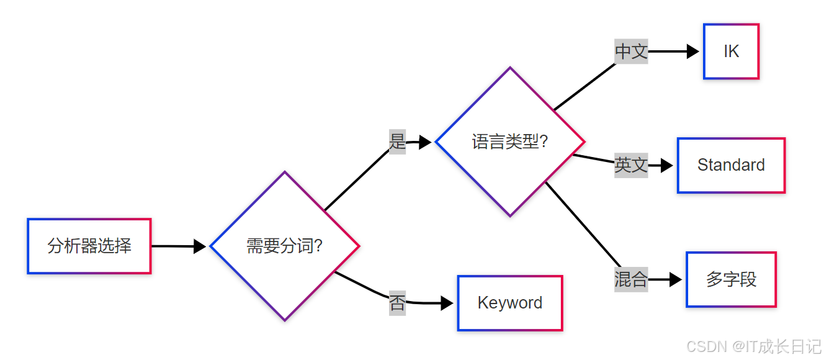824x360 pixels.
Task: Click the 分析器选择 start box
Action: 89,246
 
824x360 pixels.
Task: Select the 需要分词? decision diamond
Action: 285,246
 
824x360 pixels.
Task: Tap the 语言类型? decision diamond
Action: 510,142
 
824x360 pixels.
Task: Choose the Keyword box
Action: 510,303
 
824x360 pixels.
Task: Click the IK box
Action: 731,52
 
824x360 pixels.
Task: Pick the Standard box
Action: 731,165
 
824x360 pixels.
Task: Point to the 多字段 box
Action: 731,279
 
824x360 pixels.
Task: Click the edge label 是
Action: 397,142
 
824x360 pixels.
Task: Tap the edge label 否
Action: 397,304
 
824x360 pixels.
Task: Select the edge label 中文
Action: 631,52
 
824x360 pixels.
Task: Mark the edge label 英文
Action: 631,165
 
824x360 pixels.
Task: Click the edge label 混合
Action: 631,279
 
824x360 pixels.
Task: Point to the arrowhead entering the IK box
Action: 693,52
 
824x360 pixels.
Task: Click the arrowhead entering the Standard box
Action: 667,165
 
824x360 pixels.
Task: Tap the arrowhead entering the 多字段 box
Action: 676,279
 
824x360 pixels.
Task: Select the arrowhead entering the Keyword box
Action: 447,304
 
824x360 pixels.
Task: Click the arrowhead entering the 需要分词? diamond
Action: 200,246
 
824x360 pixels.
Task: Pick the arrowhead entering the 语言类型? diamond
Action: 425,142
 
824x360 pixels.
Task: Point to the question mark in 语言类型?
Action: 544,142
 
